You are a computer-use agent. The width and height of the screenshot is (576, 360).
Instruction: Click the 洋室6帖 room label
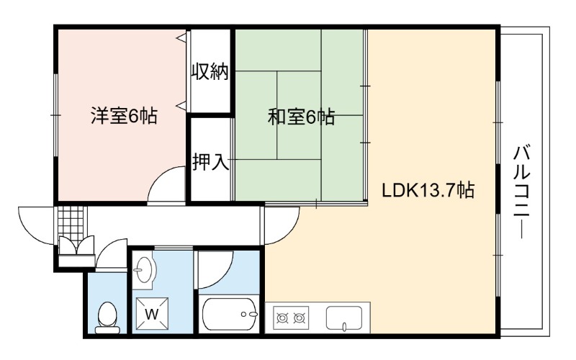click(x=124, y=116)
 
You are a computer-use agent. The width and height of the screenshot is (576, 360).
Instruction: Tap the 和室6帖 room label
click(x=301, y=117)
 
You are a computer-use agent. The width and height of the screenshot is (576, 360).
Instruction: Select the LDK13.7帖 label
click(x=428, y=190)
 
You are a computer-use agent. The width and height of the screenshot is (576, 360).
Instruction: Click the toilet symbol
click(x=107, y=318)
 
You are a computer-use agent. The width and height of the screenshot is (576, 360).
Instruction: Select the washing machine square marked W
click(x=152, y=314)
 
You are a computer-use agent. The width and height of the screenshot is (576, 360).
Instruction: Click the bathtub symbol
click(x=230, y=315)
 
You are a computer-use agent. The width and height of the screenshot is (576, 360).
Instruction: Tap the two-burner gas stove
click(x=291, y=317)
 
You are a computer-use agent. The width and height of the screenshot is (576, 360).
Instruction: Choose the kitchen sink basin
click(x=344, y=318)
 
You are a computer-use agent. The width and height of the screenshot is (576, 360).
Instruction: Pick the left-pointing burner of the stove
click(x=282, y=318)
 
